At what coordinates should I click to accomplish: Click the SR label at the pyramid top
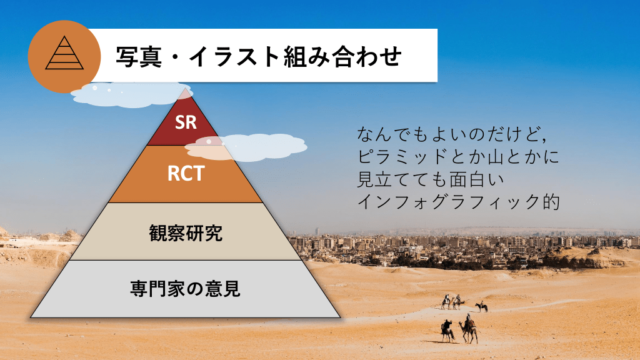[x=186, y=122]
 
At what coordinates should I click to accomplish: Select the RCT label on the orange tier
[x=186, y=174]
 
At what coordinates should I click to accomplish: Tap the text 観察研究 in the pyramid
[x=186, y=233]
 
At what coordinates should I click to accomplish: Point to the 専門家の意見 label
[x=185, y=289]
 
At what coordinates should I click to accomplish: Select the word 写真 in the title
[x=139, y=56]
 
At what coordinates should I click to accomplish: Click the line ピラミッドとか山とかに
[x=458, y=156]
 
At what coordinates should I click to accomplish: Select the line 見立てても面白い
[x=431, y=179]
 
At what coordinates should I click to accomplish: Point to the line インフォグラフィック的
[x=458, y=202]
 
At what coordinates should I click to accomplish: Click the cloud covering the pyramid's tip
[x=126, y=95]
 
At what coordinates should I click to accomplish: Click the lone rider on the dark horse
[x=482, y=306]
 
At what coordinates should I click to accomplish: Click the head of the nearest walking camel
[x=461, y=324]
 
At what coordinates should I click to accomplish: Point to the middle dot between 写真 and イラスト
[x=176, y=57]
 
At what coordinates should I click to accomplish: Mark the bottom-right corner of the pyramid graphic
[x=341, y=317]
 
